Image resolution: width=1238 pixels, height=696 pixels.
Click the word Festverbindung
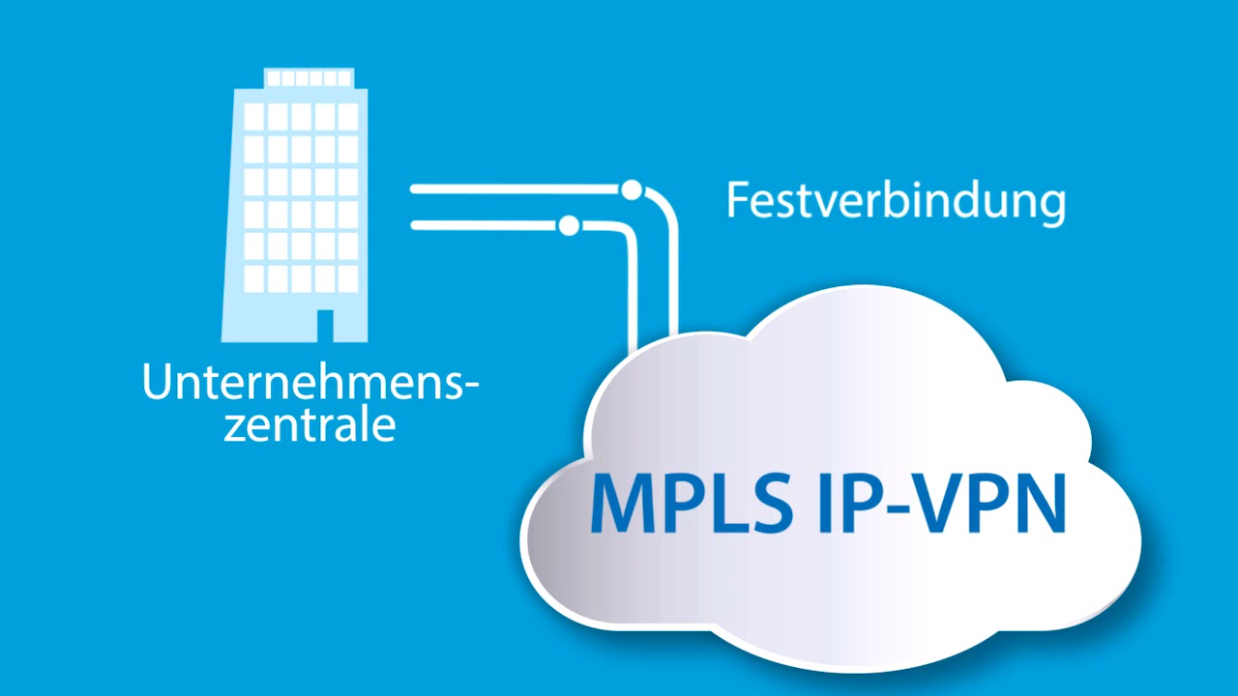click(x=896, y=201)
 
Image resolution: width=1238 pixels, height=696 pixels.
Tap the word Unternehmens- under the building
click(x=309, y=382)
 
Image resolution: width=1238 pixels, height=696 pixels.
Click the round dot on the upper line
click(x=632, y=189)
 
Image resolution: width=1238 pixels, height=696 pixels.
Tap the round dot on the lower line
click(x=569, y=225)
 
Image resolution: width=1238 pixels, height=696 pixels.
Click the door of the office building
click(x=325, y=325)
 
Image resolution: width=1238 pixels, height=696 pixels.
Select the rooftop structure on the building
click(x=309, y=77)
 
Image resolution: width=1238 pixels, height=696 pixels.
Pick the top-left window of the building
click(x=253, y=116)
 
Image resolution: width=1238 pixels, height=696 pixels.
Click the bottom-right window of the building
click(x=347, y=278)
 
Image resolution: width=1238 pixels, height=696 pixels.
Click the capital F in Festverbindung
click(x=738, y=201)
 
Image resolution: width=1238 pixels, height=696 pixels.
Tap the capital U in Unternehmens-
click(x=159, y=382)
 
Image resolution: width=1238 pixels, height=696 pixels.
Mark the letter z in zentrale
click(x=234, y=427)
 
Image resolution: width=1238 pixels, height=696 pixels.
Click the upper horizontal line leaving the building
click(x=513, y=189)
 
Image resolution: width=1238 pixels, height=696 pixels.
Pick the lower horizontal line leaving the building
click(x=484, y=225)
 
